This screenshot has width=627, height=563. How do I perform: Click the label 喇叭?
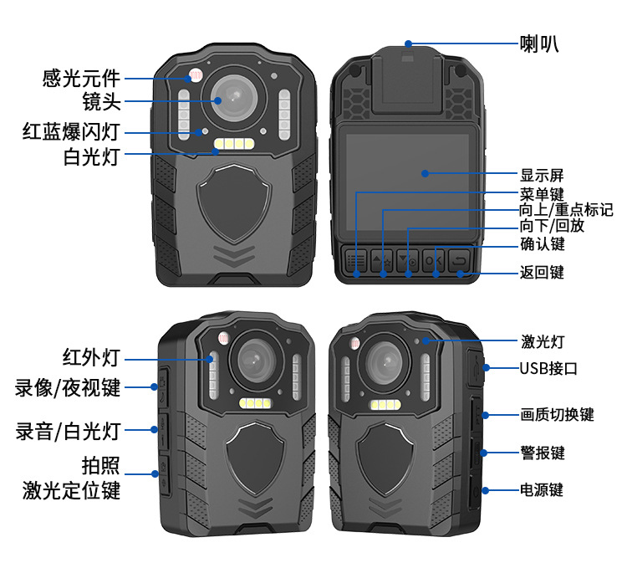tap(539, 44)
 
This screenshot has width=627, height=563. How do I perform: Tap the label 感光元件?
tap(81, 78)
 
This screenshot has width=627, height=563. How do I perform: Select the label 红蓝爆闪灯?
tap(71, 131)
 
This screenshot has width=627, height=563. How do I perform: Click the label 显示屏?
tap(542, 175)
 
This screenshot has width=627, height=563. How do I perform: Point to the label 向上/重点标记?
tap(566, 210)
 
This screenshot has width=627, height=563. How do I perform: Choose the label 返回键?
tap(542, 272)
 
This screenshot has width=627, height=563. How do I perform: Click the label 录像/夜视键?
tap(68, 387)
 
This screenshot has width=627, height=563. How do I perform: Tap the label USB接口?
tap(548, 368)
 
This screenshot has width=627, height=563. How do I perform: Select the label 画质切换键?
tap(557, 414)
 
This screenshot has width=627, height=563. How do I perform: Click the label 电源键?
tap(542, 489)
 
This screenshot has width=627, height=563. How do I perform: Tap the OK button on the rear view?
tap(433, 260)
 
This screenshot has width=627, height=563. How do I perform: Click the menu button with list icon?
tap(356, 260)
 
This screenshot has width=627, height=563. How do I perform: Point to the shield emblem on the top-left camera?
tap(234, 203)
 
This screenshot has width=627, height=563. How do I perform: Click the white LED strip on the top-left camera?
tap(234, 143)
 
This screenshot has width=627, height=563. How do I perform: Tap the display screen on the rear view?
tap(407, 182)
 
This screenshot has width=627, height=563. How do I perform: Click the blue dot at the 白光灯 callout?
tap(216, 151)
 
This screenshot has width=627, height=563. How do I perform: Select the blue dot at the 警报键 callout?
tap(483, 453)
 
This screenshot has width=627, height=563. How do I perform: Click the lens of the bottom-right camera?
tap(384, 362)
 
